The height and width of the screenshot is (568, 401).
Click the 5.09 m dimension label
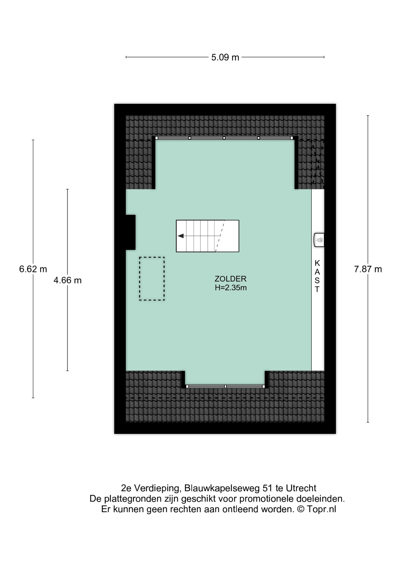pos(225,57)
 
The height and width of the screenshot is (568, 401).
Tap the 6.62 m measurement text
pos(33,269)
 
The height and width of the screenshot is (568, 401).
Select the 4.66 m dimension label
pos(68,280)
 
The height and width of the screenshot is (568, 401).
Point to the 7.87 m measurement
pos(368,269)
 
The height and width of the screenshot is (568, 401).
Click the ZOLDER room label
pos(230,279)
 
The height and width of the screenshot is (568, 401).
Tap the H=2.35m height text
pos(231,288)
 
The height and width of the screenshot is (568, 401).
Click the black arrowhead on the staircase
pos(181,236)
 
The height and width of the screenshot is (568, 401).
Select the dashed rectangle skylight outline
pos(152,279)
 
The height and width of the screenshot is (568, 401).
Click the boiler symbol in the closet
pos(319,240)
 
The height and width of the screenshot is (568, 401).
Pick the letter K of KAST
pos(317,262)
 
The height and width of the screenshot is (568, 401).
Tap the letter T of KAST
pos(317,289)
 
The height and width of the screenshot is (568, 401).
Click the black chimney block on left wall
pos(131,232)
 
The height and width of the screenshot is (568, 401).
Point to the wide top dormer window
pos(224,138)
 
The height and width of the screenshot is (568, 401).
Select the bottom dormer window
pos(225,386)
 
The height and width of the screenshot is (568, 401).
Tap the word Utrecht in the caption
pos(301,488)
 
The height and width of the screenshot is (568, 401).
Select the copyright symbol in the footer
pos(300,509)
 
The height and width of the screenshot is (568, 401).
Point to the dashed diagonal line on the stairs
pos(220,236)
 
